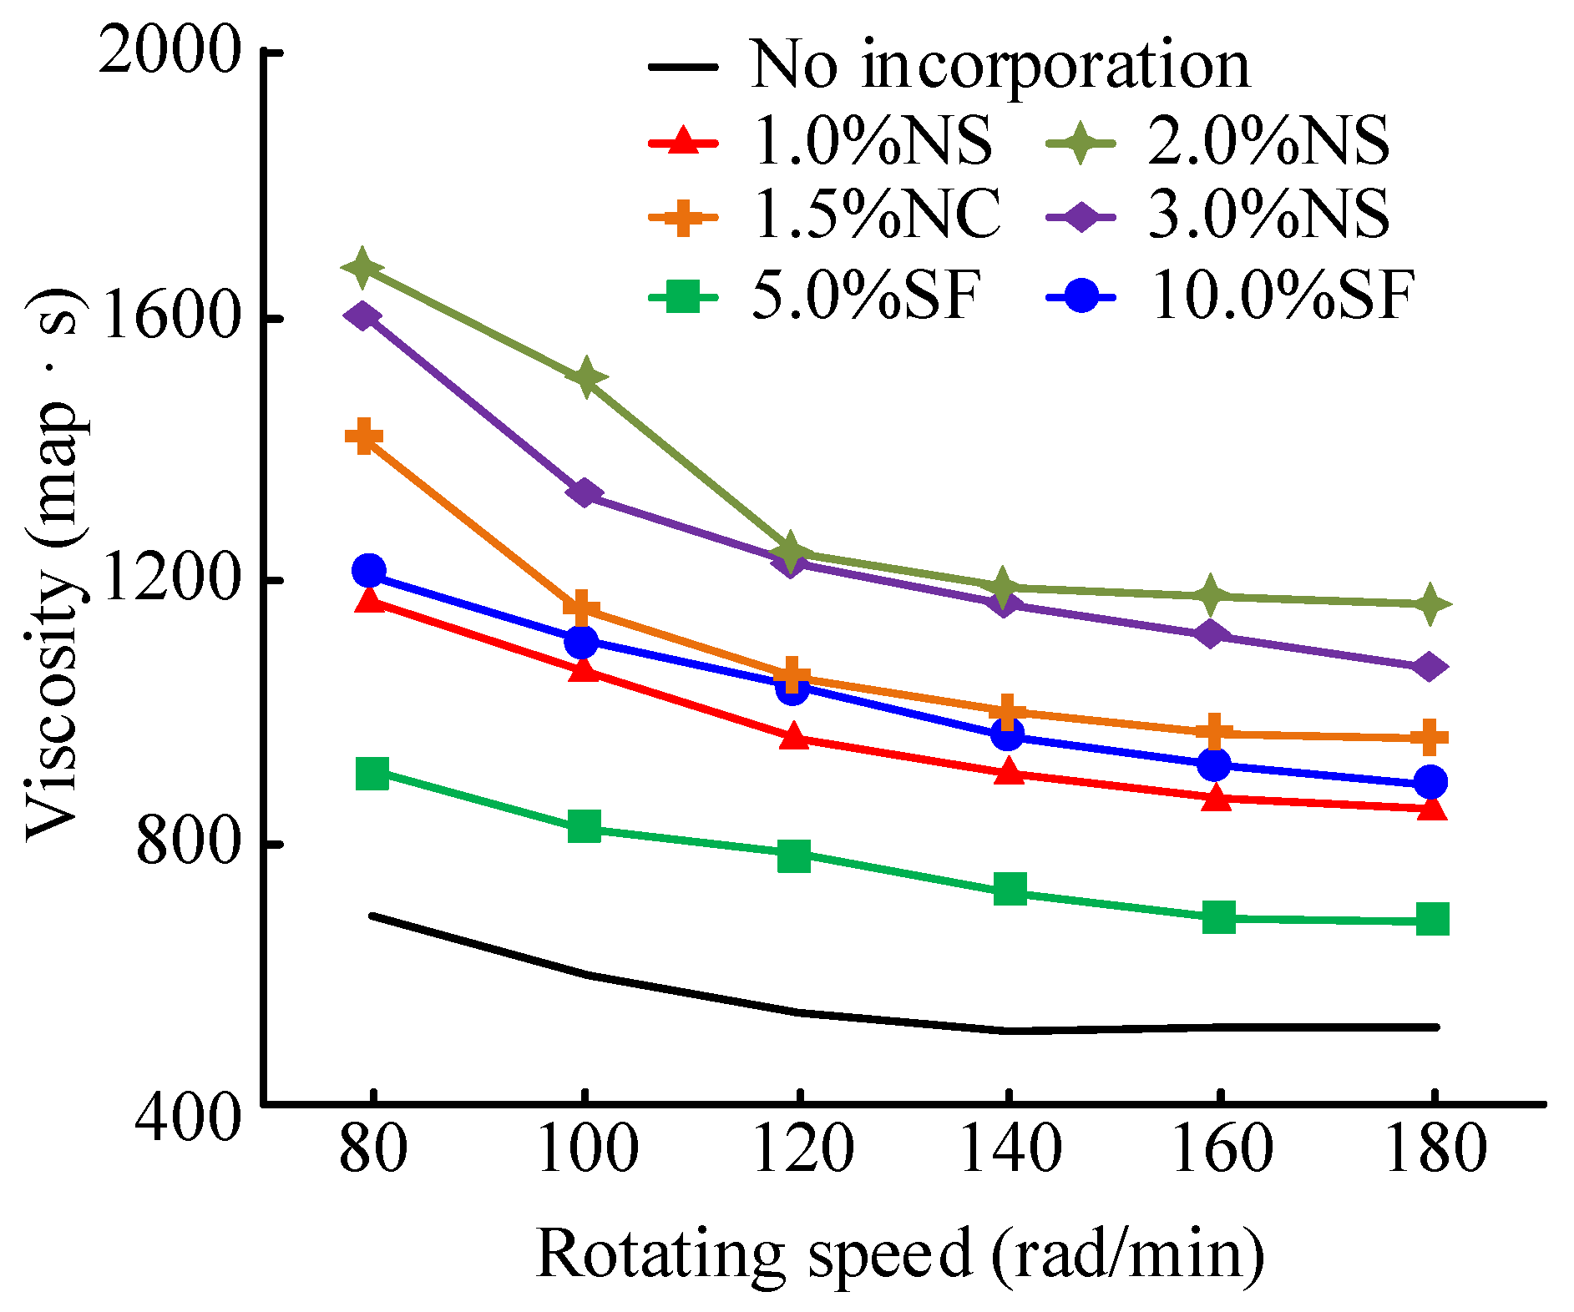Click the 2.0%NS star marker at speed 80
point(362,267)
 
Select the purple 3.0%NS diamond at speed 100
point(584,493)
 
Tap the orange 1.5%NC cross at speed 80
point(364,436)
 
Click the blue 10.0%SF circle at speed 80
point(369,571)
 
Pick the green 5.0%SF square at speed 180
point(1432,919)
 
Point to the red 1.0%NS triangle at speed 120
point(794,738)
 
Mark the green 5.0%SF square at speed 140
point(1010,890)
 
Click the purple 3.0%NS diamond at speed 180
point(1430,667)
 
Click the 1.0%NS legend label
point(872,140)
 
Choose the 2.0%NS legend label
point(1268,140)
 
